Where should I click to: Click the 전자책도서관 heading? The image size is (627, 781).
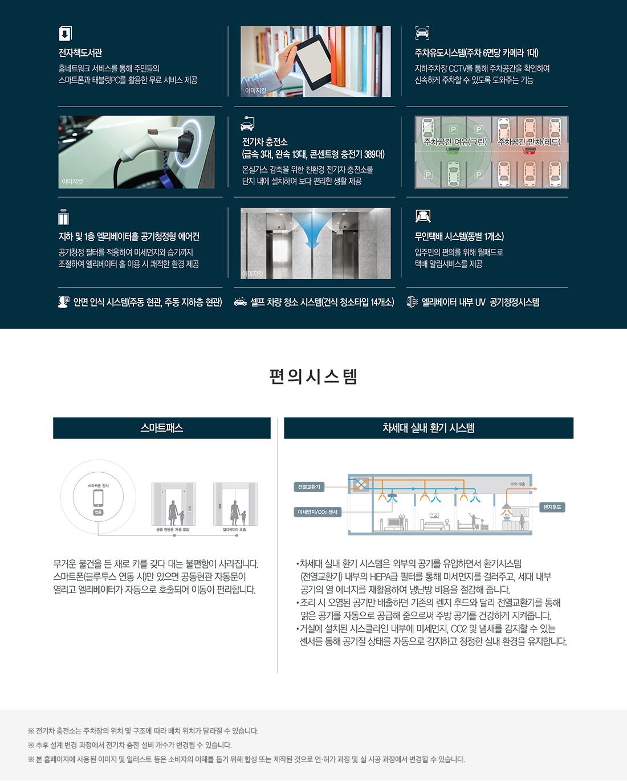coord(80,53)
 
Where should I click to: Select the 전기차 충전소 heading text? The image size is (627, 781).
coord(265,142)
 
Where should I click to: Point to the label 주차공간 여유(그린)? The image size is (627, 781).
coord(455,142)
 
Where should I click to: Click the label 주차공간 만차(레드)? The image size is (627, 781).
coord(530,142)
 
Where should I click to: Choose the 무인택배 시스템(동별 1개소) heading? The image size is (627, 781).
coord(459,236)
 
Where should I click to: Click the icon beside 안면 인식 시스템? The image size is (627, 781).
coord(63,302)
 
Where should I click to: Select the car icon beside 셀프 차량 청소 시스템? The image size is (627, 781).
coord(241,302)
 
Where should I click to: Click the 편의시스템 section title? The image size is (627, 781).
coord(313,377)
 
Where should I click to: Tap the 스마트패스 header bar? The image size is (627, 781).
coord(162,428)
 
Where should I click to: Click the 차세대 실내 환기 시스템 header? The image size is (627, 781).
coord(429,428)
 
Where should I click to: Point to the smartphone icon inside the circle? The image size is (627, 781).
coord(98,497)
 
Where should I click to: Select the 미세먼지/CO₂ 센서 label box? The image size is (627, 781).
coord(317,512)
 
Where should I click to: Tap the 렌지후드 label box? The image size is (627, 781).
coord(552,507)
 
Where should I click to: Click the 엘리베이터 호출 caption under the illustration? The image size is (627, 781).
coord(234,530)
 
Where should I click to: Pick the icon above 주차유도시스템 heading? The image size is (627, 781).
coord(422,33)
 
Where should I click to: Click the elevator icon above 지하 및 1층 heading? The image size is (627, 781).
coord(64,218)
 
